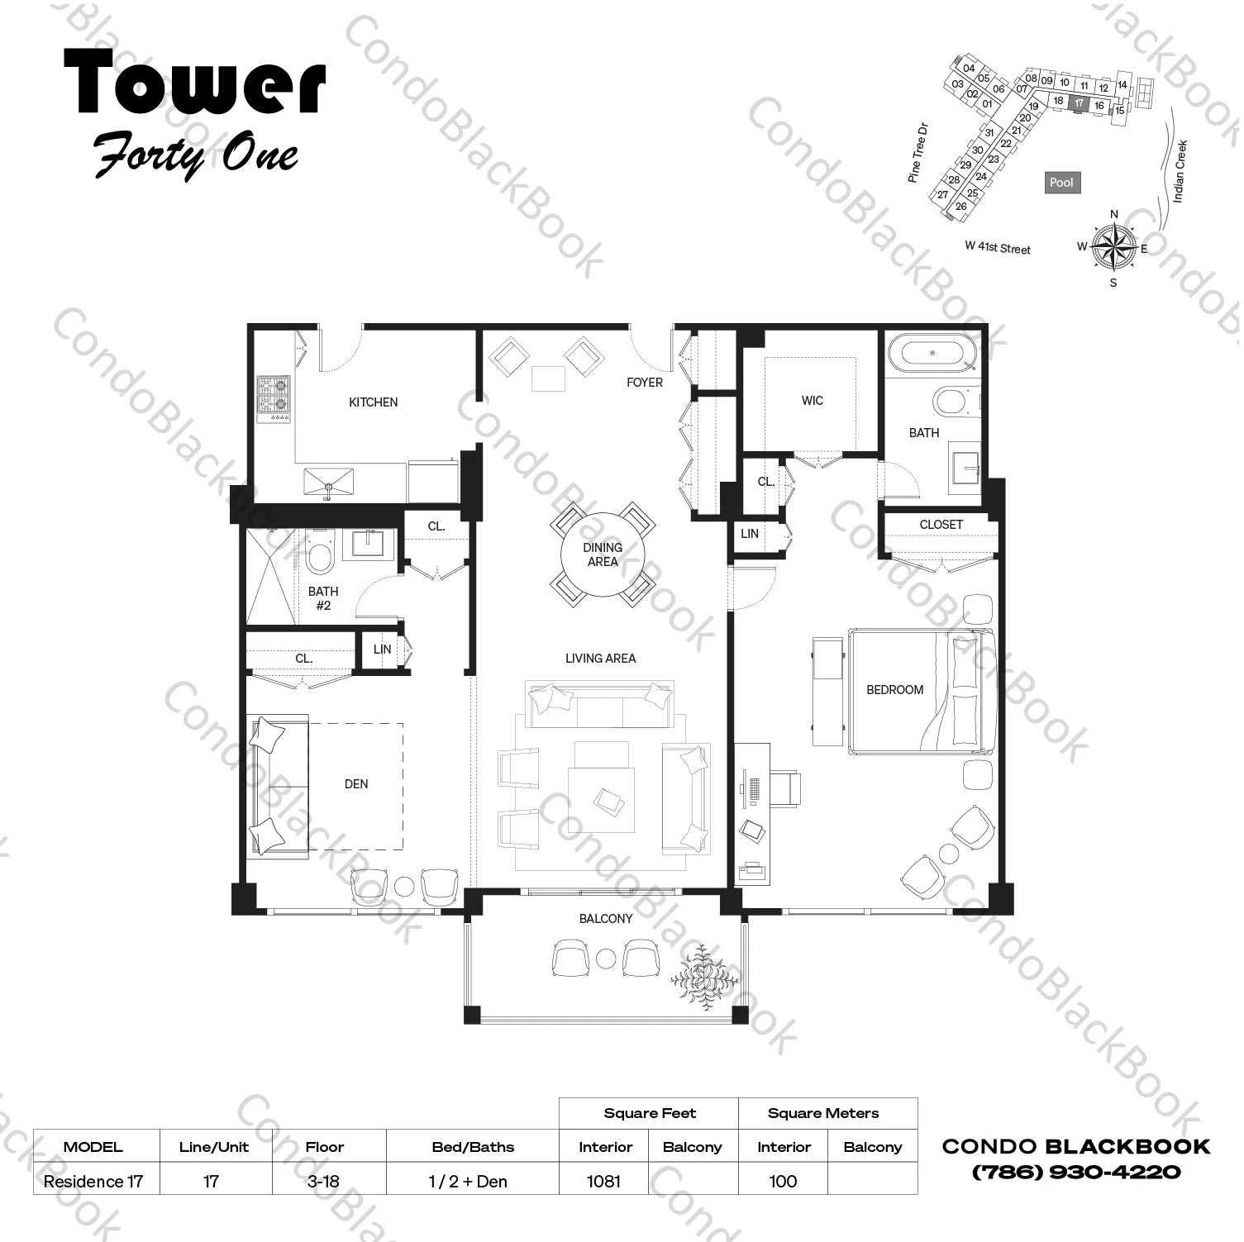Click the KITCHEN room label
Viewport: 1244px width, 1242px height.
pos(373,402)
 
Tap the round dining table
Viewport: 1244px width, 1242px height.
pos(603,554)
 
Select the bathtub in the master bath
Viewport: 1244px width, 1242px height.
pos(932,353)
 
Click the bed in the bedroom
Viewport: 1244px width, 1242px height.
pos(922,691)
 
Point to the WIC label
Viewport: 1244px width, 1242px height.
pos(812,401)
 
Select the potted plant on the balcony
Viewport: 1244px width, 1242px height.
pos(703,978)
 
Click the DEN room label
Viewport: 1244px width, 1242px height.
pos(356,784)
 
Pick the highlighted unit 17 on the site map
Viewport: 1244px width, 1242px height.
pos(1079,103)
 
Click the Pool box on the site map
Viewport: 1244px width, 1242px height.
pos(1061,183)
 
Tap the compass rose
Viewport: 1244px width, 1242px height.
pos(1113,246)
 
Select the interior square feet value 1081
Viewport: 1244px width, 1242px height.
pos(603,1182)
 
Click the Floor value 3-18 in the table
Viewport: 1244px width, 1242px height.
pos(323,1182)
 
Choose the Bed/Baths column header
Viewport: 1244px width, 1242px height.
pos(473,1147)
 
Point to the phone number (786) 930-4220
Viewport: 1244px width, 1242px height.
pos(1076,1172)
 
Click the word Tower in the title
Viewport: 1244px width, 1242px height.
pos(195,81)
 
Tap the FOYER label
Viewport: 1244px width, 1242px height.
pos(645,383)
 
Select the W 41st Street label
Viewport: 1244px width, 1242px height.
pos(998,248)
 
